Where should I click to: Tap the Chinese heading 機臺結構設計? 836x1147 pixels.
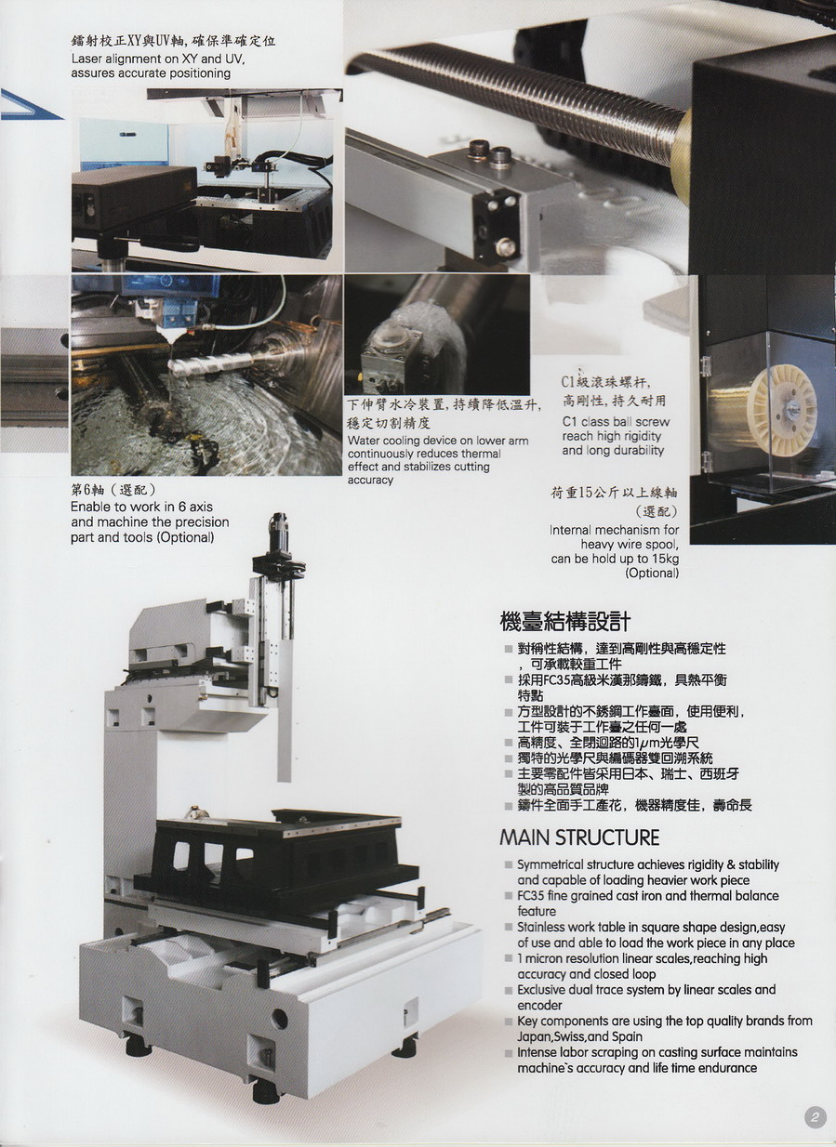(x=565, y=623)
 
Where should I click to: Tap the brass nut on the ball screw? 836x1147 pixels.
(x=685, y=153)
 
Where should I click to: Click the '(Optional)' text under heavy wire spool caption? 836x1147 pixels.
(x=652, y=573)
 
